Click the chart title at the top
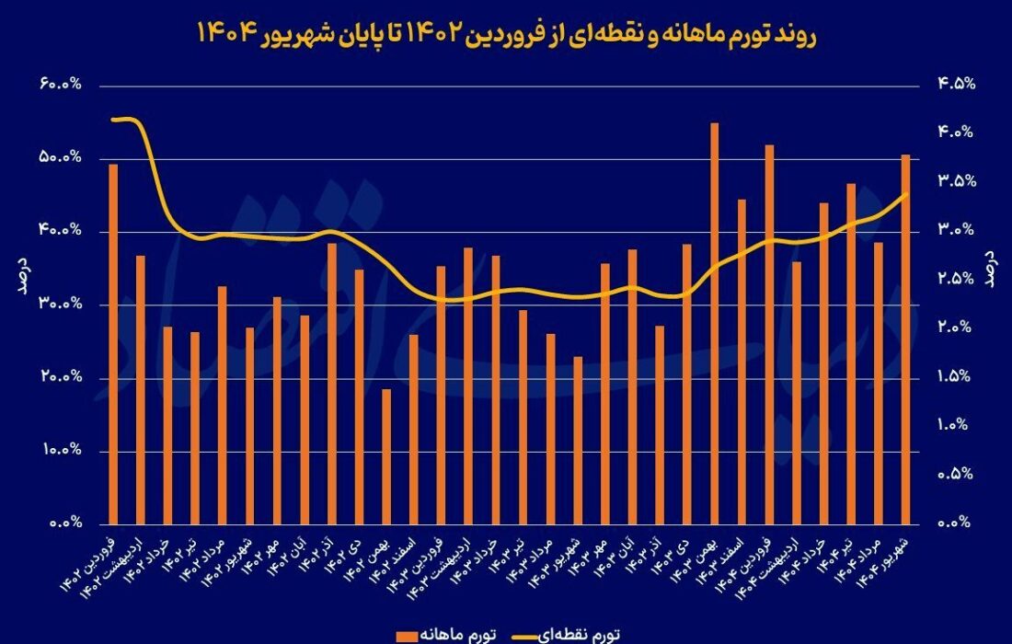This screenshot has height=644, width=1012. pyautogui.click(x=505, y=36)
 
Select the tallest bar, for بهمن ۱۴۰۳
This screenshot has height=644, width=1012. pyautogui.click(x=714, y=322)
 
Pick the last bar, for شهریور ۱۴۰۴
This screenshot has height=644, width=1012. pyautogui.click(x=905, y=339)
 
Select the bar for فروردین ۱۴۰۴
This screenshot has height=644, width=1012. pyautogui.click(x=769, y=334)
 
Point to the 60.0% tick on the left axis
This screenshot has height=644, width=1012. pyautogui.click(x=60, y=85)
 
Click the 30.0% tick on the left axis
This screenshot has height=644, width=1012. pyautogui.click(x=60, y=305)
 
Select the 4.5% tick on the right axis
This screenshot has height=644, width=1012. pyautogui.click(x=956, y=85)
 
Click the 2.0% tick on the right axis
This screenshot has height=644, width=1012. pyautogui.click(x=956, y=328)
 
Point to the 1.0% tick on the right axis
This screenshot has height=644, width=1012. pyautogui.click(x=956, y=426)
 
